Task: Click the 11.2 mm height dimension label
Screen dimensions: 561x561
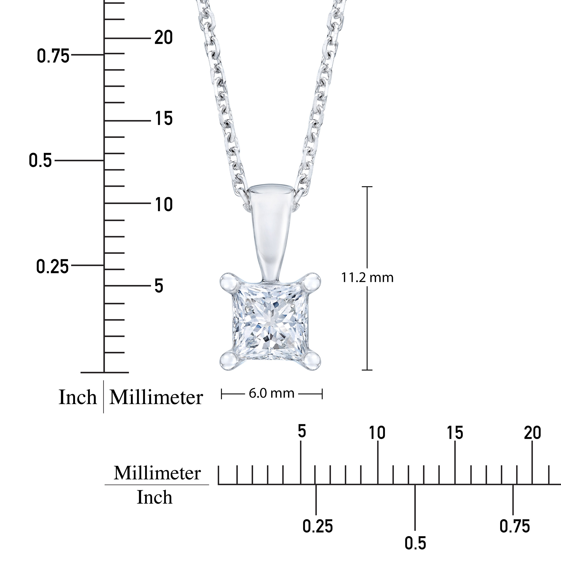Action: (367, 278)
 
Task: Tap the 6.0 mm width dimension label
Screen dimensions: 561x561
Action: (271, 393)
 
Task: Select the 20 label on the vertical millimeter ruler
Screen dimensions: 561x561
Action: (163, 38)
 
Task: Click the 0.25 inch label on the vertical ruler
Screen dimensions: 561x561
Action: (53, 266)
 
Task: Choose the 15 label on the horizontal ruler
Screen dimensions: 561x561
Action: (455, 433)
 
